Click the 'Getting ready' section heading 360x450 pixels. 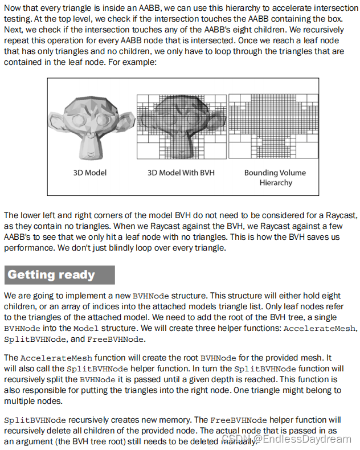click(x=51, y=275)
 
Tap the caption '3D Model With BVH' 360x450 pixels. click(x=181, y=173)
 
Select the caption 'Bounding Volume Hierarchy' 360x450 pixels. click(x=275, y=177)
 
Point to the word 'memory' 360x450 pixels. click(x=150, y=420)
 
